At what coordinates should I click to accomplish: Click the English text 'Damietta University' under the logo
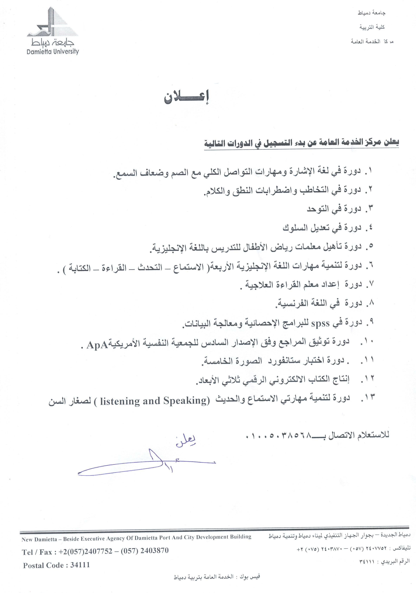tap(53, 51)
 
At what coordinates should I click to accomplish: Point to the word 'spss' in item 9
tap(320, 324)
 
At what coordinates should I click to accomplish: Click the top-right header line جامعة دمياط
tap(372, 13)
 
